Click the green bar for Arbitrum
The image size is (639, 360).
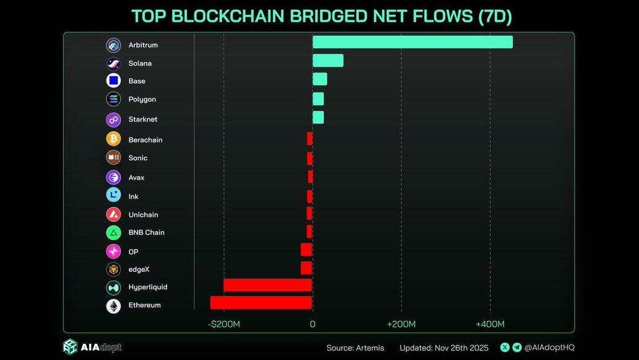click(x=412, y=42)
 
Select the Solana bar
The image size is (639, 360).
click(x=328, y=61)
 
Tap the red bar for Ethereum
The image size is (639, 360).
click(x=261, y=302)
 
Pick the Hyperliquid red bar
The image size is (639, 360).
click(x=267, y=285)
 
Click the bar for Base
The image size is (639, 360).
click(x=319, y=79)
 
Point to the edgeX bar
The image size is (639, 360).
click(x=306, y=268)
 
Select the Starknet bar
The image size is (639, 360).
click(x=318, y=118)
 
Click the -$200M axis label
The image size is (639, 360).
click(x=224, y=324)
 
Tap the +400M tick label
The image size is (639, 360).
click(x=490, y=324)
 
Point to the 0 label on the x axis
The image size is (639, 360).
click(x=312, y=324)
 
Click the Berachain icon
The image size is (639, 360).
click(x=113, y=139)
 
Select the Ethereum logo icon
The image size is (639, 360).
click(x=113, y=305)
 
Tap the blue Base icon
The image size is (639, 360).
click(x=113, y=81)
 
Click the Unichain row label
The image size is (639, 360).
click(x=143, y=215)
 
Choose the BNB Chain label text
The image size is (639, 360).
click(x=146, y=233)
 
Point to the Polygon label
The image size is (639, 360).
click(x=142, y=99)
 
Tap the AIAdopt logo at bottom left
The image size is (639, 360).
click(x=92, y=347)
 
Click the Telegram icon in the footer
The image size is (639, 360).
click(x=517, y=348)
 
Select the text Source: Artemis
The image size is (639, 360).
click(x=355, y=348)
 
